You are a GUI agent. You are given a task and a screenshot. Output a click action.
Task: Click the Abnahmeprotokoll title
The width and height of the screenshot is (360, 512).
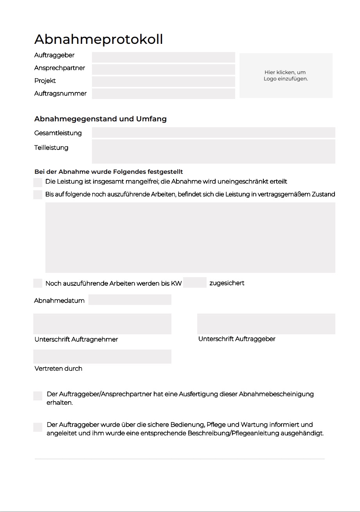(x=99, y=40)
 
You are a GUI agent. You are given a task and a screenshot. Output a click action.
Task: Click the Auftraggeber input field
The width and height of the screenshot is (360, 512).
(x=163, y=57)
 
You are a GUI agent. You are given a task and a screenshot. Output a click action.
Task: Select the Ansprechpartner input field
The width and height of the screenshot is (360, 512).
(x=163, y=69)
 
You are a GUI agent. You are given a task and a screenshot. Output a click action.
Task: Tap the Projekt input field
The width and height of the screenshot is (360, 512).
(x=163, y=81)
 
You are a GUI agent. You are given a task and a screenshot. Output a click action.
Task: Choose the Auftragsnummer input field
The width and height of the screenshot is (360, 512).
(x=163, y=94)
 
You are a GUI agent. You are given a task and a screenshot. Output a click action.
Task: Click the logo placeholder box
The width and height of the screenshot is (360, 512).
(x=286, y=76)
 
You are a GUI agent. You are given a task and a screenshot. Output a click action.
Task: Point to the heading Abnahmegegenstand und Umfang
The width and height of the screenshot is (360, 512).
(x=101, y=119)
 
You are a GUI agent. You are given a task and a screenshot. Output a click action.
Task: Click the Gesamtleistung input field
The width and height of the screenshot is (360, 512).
(x=213, y=133)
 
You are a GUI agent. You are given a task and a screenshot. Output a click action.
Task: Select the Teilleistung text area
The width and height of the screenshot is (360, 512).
(x=213, y=151)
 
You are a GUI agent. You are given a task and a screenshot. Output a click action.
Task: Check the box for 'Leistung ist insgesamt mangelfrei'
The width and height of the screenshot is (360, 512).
(x=38, y=182)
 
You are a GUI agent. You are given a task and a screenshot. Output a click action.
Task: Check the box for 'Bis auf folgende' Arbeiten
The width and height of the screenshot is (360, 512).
(x=38, y=195)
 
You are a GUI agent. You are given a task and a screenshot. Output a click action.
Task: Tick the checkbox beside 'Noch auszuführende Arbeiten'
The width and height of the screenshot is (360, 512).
(x=38, y=283)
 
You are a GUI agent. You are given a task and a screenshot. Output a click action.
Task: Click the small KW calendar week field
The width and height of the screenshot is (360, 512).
(x=194, y=282)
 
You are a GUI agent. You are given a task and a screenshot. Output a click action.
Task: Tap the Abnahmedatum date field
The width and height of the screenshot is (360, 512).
(x=130, y=300)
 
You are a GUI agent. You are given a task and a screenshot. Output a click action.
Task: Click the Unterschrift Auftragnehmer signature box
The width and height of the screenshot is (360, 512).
(x=102, y=324)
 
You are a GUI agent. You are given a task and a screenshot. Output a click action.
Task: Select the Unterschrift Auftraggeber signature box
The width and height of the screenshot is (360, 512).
(x=266, y=324)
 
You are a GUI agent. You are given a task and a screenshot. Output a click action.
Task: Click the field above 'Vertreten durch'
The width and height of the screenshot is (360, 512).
(x=102, y=357)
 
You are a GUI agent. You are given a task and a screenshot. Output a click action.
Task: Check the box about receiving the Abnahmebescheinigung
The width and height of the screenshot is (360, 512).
(x=38, y=396)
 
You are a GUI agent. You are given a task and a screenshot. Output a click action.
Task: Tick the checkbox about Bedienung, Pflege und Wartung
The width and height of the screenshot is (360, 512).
(x=38, y=427)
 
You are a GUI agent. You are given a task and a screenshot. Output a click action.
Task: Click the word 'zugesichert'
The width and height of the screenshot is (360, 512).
(x=227, y=283)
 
